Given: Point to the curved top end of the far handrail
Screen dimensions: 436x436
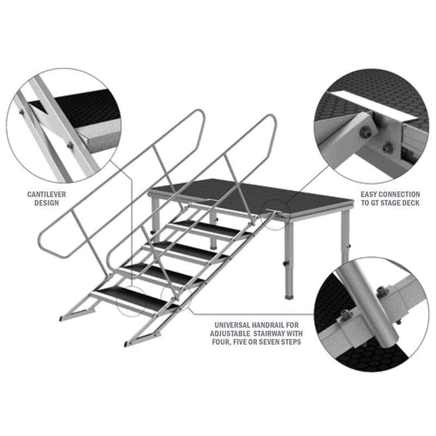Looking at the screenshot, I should (x=199, y=115).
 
